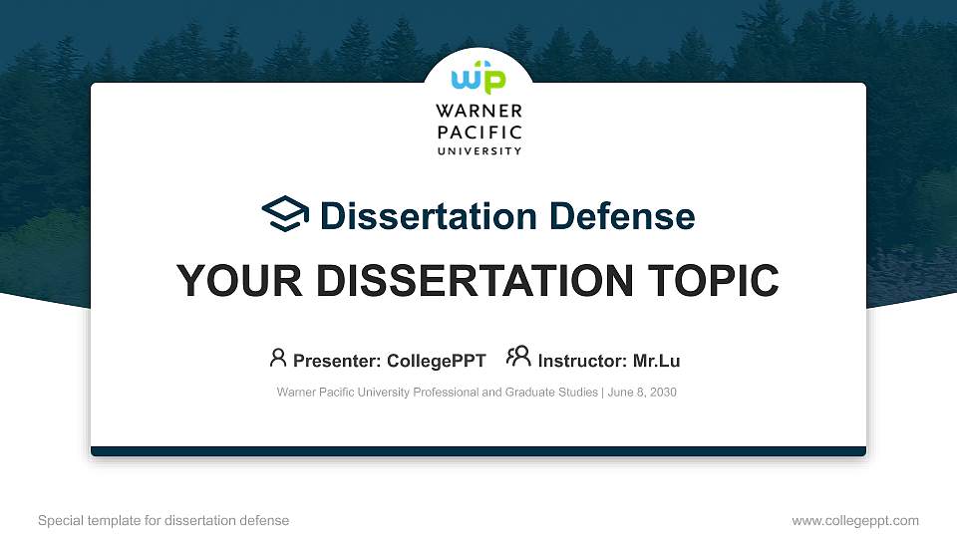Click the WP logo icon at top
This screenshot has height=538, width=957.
(478, 80)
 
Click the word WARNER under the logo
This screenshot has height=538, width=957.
(478, 112)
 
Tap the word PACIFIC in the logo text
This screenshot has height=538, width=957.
(478, 133)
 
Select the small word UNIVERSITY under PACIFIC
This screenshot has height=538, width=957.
(478, 151)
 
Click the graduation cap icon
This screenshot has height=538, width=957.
(285, 214)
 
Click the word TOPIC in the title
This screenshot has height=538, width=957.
(712, 281)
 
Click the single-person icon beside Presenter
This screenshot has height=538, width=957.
(278, 357)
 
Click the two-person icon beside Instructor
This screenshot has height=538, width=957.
(518, 357)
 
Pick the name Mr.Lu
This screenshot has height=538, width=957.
(657, 360)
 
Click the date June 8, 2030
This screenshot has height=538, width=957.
(642, 393)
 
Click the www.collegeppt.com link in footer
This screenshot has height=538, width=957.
(855, 520)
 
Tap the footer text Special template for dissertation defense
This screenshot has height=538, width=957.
(163, 520)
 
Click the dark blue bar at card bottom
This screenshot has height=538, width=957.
(478, 451)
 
